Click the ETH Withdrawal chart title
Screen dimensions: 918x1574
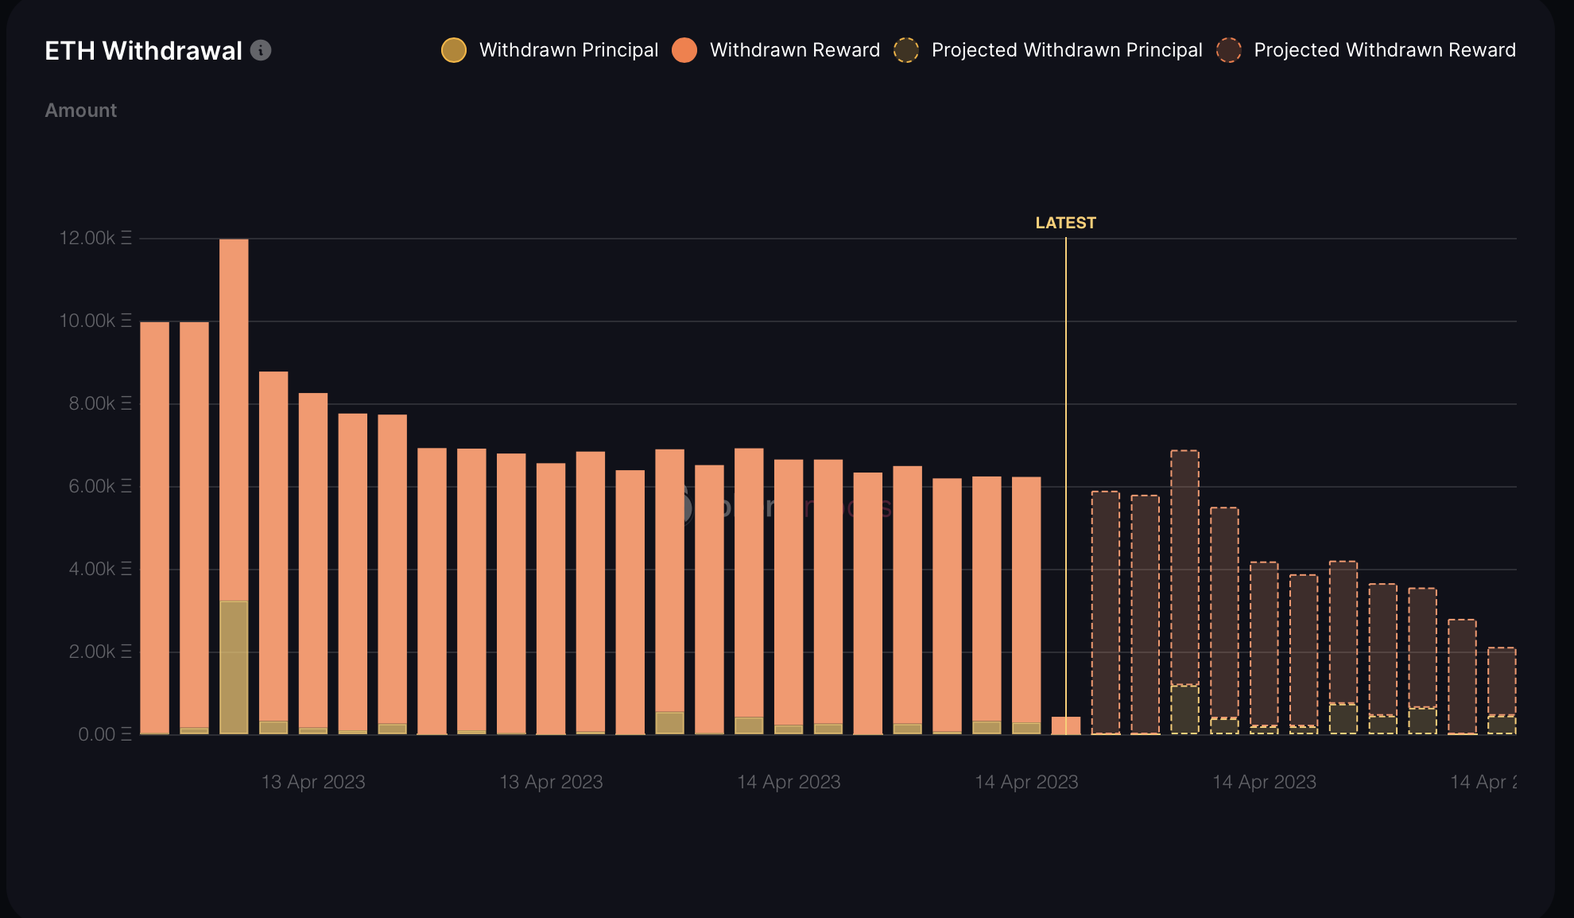tap(143, 51)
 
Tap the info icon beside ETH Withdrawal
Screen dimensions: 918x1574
tap(261, 50)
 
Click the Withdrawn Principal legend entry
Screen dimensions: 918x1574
tap(550, 50)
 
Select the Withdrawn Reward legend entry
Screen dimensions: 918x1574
tap(776, 50)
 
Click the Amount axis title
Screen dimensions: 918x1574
tap(81, 111)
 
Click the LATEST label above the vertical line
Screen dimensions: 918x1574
tap(1065, 223)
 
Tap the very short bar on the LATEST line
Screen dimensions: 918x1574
tap(1065, 725)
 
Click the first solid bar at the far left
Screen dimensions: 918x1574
tap(155, 525)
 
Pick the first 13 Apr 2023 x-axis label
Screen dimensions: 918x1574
tap(313, 782)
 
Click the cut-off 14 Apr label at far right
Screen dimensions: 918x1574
tap(1483, 782)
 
